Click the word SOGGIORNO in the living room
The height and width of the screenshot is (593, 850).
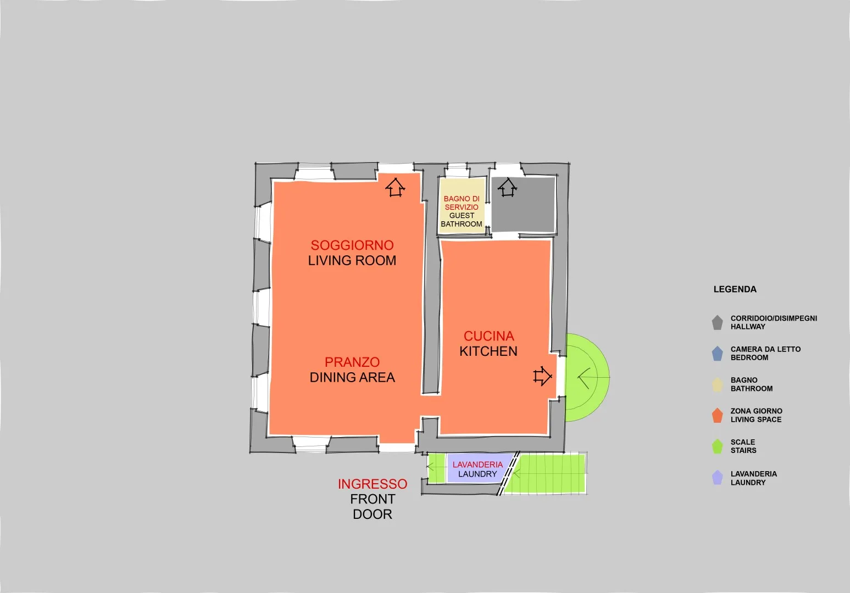[x=352, y=245]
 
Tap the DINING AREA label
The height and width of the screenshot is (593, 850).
[x=352, y=377]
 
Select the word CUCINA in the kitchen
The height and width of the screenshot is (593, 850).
[x=489, y=336]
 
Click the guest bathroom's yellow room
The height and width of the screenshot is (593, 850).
[x=462, y=205]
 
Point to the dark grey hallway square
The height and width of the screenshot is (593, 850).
[x=524, y=204]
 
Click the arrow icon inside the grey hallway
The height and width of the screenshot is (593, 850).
[x=507, y=187]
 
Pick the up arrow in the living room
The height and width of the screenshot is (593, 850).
[x=396, y=187]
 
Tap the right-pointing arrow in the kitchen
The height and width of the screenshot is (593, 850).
[x=542, y=376]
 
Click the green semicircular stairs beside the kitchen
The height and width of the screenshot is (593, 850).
[x=587, y=377]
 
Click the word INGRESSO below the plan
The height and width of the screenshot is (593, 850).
[x=373, y=484]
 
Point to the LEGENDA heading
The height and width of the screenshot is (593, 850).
[x=735, y=289]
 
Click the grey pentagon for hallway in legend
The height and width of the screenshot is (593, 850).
[x=717, y=323]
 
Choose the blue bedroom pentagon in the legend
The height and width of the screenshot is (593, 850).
[x=717, y=354]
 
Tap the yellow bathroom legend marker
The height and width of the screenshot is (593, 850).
[x=717, y=384]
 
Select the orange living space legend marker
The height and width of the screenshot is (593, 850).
[x=717, y=415]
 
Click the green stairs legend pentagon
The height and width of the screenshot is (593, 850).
[x=717, y=446]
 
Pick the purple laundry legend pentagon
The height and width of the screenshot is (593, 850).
[x=717, y=478]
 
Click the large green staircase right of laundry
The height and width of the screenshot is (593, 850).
[x=546, y=473]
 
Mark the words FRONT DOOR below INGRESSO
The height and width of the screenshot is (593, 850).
[x=373, y=507]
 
